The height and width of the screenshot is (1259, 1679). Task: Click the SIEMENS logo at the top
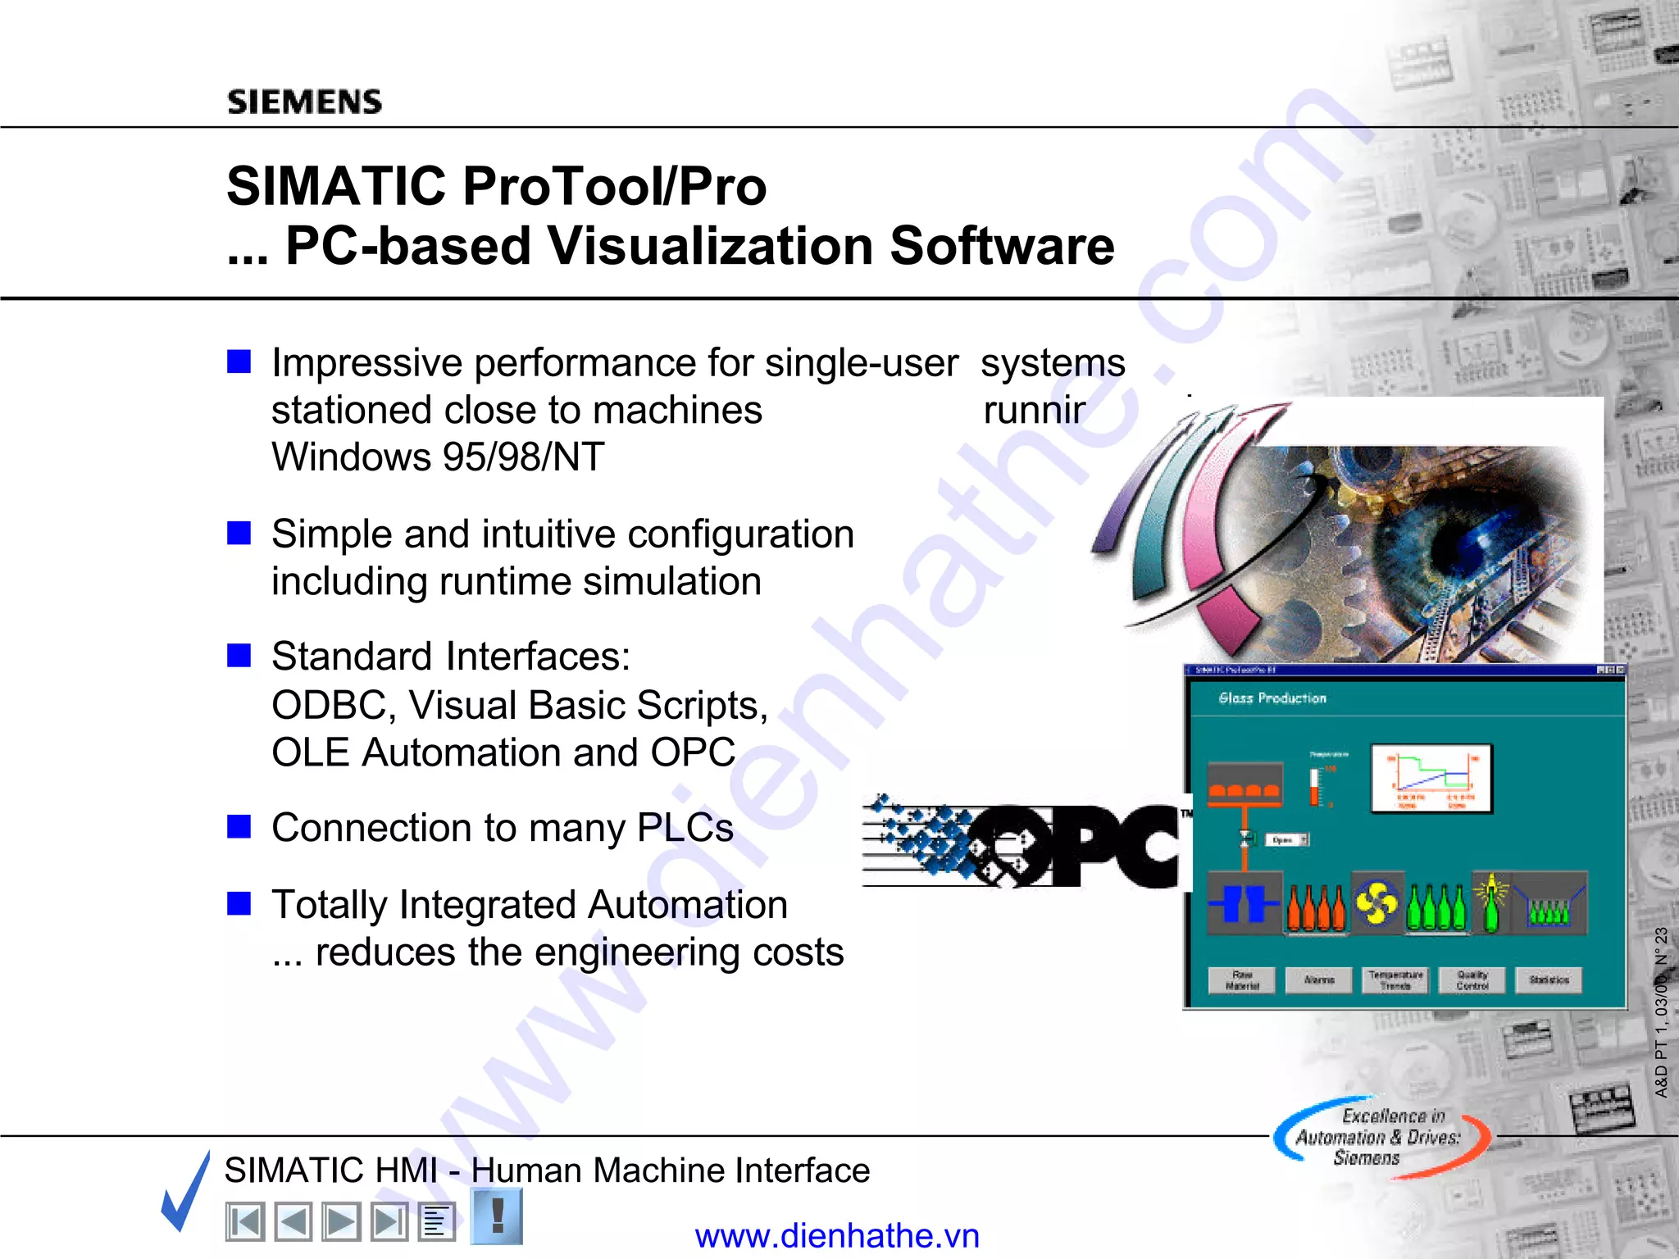click(304, 102)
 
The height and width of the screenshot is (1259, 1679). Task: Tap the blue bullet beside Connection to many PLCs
click(239, 826)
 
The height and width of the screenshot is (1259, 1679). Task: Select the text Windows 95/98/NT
click(438, 457)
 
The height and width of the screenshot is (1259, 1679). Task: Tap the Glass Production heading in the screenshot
click(1272, 698)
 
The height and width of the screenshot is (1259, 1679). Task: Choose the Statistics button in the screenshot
click(1549, 979)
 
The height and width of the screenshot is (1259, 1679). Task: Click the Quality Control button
click(1472, 979)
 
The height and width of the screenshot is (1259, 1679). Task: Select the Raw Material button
click(1242, 979)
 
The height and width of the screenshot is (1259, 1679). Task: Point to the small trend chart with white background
click(1431, 779)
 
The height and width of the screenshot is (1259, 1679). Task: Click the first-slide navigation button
click(244, 1222)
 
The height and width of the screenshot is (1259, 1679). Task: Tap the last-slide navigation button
click(389, 1222)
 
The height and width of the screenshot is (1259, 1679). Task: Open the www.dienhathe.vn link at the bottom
click(837, 1235)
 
